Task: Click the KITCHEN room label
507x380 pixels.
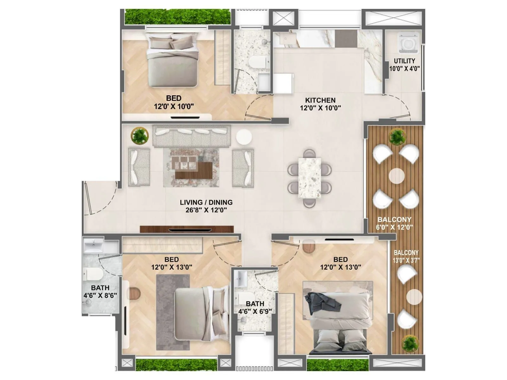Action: [320, 100]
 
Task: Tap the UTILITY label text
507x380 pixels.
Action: [404, 61]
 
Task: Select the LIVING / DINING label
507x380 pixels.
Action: [206, 202]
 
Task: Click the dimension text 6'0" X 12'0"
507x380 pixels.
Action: [395, 227]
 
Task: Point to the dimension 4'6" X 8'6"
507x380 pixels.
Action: [100, 295]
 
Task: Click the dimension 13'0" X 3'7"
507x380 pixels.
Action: [406, 261]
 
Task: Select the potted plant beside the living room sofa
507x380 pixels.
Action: [139, 136]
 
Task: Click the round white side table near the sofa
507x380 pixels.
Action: [244, 137]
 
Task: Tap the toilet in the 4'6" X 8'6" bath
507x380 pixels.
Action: [93, 274]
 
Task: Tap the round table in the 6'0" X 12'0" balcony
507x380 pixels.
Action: [396, 176]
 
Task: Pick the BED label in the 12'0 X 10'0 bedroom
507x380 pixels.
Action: [174, 98]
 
